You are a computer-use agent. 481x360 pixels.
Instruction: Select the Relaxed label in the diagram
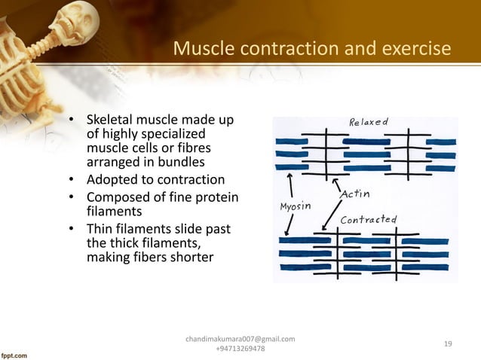[x=368, y=122]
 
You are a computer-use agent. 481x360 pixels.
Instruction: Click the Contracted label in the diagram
[x=369, y=220]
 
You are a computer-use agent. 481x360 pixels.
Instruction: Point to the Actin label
[x=355, y=194]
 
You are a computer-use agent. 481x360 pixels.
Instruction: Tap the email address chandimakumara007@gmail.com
[x=240, y=339]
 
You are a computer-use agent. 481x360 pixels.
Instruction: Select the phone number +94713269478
[x=240, y=349]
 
